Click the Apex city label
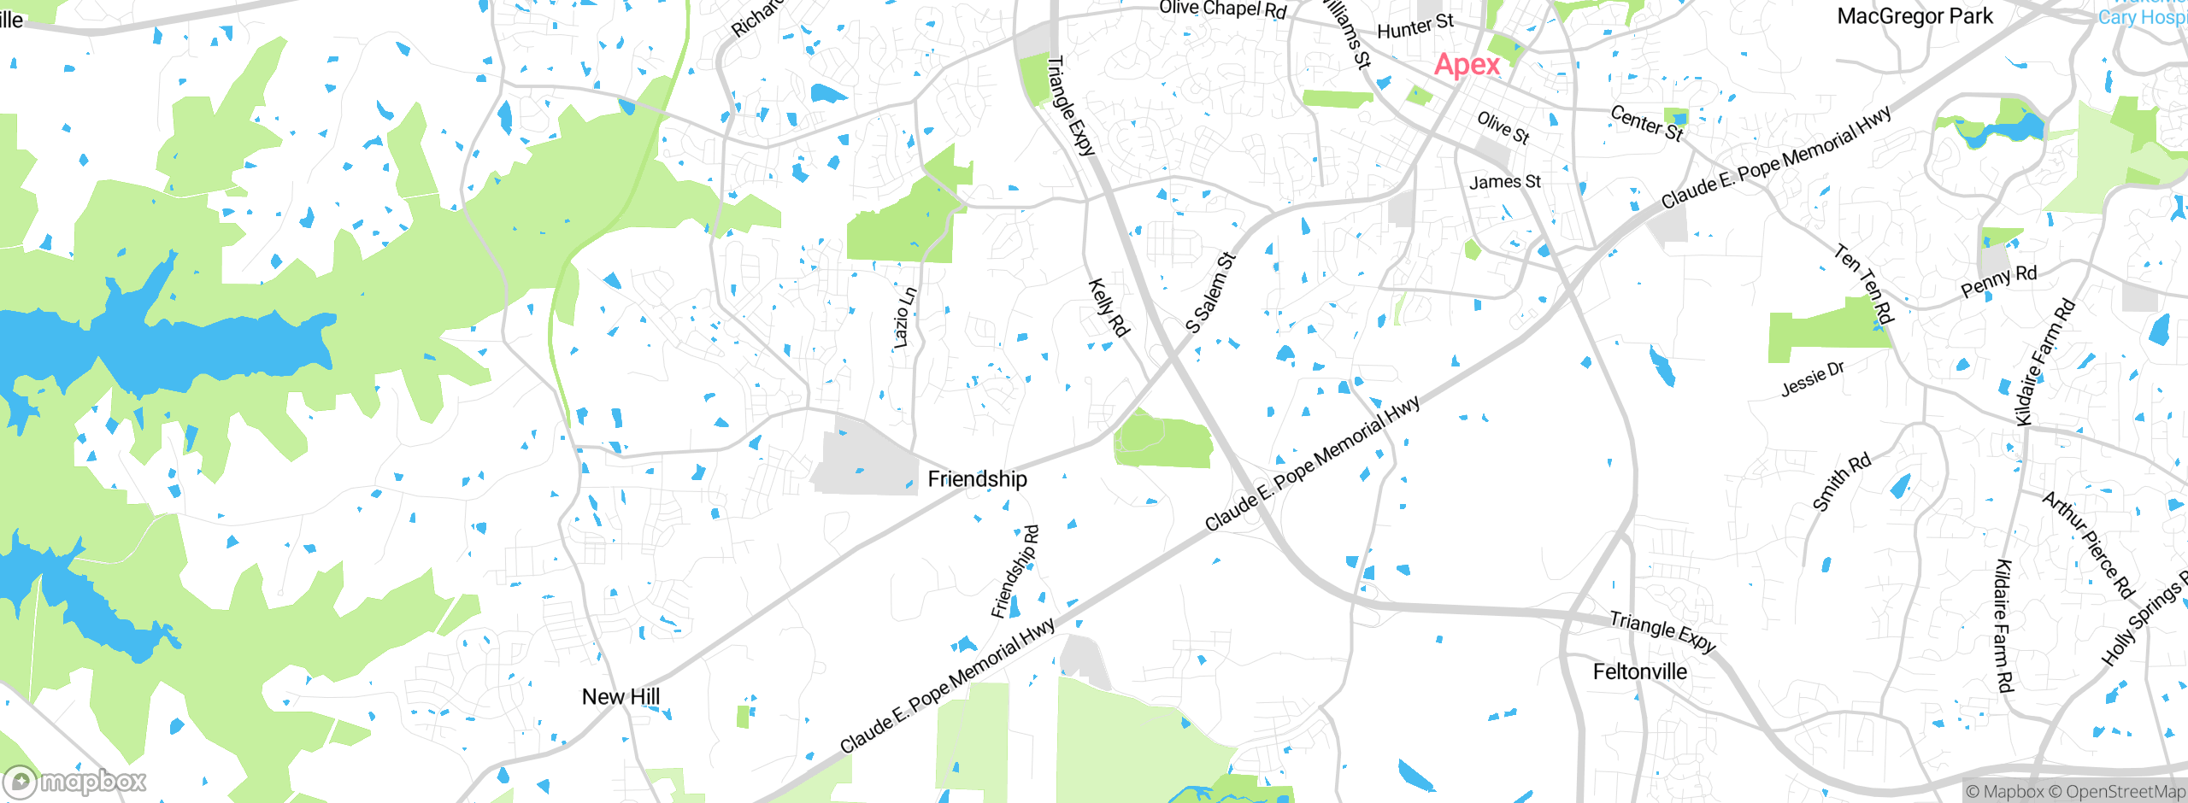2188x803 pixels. click(x=1467, y=65)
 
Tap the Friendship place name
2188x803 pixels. click(x=977, y=479)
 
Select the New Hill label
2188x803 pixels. click(x=621, y=697)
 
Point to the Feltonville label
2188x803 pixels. click(x=1639, y=672)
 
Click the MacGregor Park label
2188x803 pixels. click(x=1914, y=16)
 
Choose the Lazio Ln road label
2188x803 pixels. click(x=904, y=318)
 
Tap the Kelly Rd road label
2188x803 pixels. click(x=1109, y=308)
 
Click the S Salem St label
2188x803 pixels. click(x=1210, y=293)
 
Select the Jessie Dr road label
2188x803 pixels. click(x=1812, y=378)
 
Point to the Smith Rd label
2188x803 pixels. click(x=1841, y=483)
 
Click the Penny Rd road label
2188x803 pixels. click(x=1998, y=281)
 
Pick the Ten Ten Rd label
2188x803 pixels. click(x=1864, y=284)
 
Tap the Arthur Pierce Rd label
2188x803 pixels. click(x=2088, y=545)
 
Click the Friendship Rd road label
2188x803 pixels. click(x=1015, y=571)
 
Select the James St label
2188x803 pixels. click(x=1504, y=182)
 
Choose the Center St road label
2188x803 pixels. click(x=1646, y=123)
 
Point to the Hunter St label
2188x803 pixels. click(x=1415, y=26)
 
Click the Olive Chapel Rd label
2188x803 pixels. click(x=1222, y=9)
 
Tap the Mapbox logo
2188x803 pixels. click(x=75, y=782)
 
